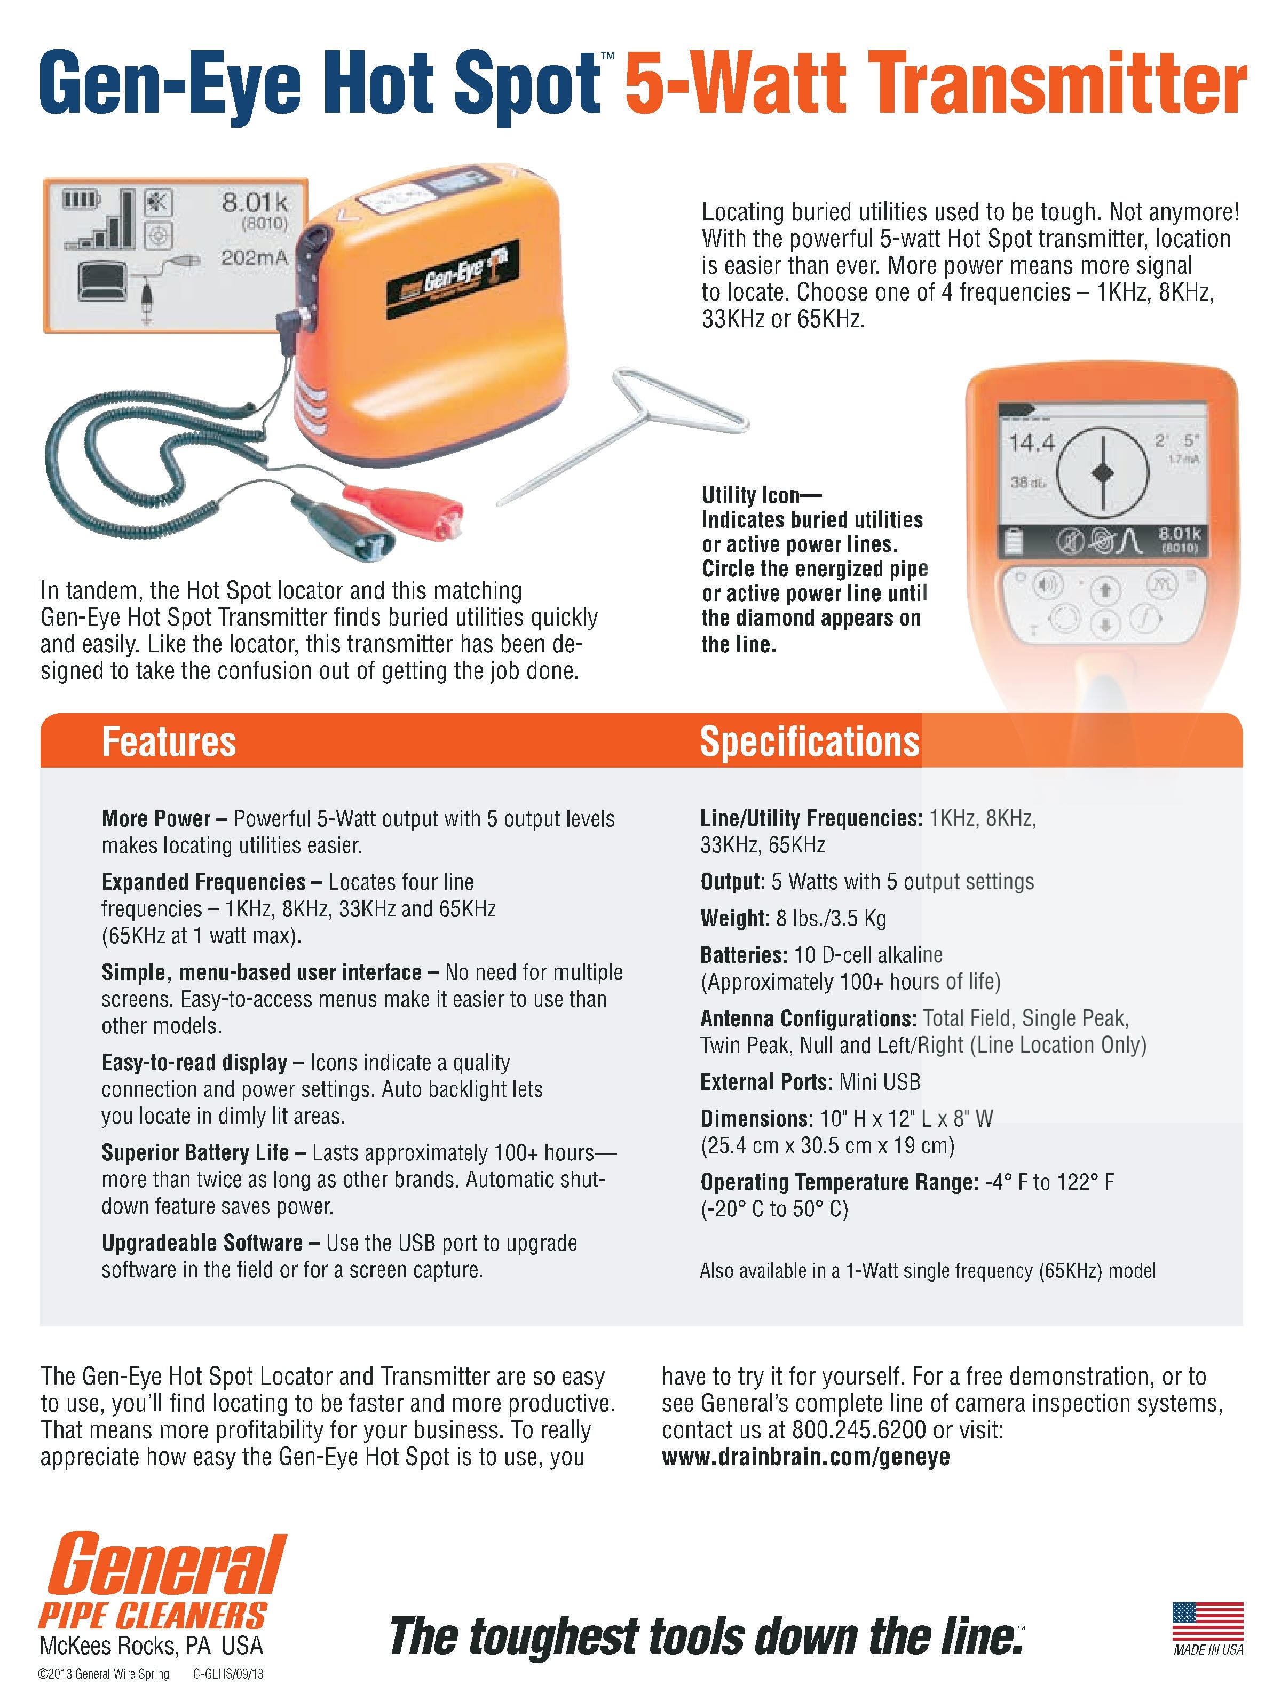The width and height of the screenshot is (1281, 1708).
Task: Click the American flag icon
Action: coord(1207,1621)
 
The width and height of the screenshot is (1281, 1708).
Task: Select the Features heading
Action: coord(168,741)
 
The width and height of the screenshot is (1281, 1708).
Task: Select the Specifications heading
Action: coord(809,741)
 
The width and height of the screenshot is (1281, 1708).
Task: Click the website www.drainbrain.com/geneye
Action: coord(805,1457)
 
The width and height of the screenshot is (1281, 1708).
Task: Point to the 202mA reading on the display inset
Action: coord(254,258)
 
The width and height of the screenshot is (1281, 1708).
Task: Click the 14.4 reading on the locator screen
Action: coord(1032,443)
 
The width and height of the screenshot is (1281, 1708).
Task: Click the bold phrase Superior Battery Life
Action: coord(195,1153)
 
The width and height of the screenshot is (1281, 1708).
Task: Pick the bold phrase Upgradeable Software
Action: coord(202,1243)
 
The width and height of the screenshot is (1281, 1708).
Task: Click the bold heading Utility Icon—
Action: coord(761,494)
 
